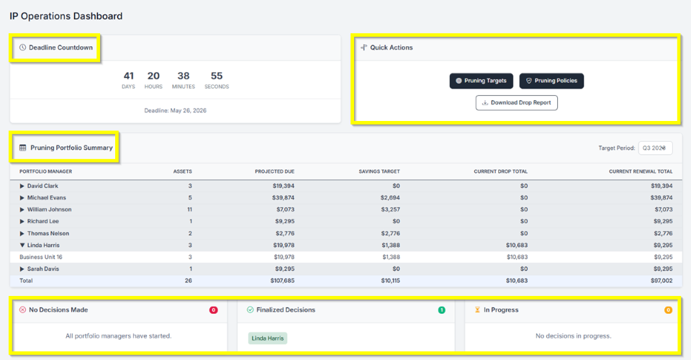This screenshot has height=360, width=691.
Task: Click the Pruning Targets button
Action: (x=482, y=81)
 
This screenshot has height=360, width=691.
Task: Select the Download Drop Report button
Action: (x=517, y=103)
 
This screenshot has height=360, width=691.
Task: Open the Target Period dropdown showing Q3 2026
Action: (x=655, y=148)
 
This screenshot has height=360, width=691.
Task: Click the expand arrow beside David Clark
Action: (x=22, y=186)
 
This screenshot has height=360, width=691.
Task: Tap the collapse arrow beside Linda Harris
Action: (x=22, y=246)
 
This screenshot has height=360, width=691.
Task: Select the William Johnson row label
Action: (x=49, y=210)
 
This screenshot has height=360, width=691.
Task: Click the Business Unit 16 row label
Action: (x=41, y=257)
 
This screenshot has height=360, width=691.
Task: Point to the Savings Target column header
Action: (x=379, y=171)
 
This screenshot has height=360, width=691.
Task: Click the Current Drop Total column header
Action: (x=500, y=171)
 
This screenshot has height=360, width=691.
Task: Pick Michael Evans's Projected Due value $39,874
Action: (x=279, y=198)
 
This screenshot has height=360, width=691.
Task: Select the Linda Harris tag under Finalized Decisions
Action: (x=268, y=338)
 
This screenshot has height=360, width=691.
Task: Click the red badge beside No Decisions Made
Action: (x=214, y=310)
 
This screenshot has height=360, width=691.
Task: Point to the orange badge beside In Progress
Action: (x=668, y=310)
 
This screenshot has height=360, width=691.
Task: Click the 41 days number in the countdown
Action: (x=129, y=76)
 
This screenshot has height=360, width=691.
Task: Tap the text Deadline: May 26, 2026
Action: (x=176, y=111)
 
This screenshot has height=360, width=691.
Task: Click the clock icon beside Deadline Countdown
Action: (x=23, y=48)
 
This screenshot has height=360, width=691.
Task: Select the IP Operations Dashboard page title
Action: (x=66, y=16)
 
